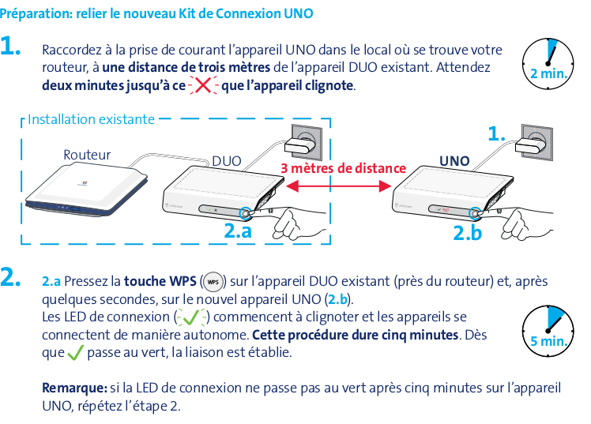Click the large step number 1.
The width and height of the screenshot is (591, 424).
tap(13, 47)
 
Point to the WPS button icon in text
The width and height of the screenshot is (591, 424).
tap(213, 282)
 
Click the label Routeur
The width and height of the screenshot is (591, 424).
tap(87, 155)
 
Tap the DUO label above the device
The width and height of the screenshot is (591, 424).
tap(227, 161)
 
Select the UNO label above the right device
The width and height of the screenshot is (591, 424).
tap(454, 161)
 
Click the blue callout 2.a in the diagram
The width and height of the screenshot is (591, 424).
tap(238, 232)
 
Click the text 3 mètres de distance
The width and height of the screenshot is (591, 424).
tap(343, 168)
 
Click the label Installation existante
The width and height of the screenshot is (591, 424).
tap(91, 120)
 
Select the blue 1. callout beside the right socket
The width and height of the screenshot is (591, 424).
tap(496, 135)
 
